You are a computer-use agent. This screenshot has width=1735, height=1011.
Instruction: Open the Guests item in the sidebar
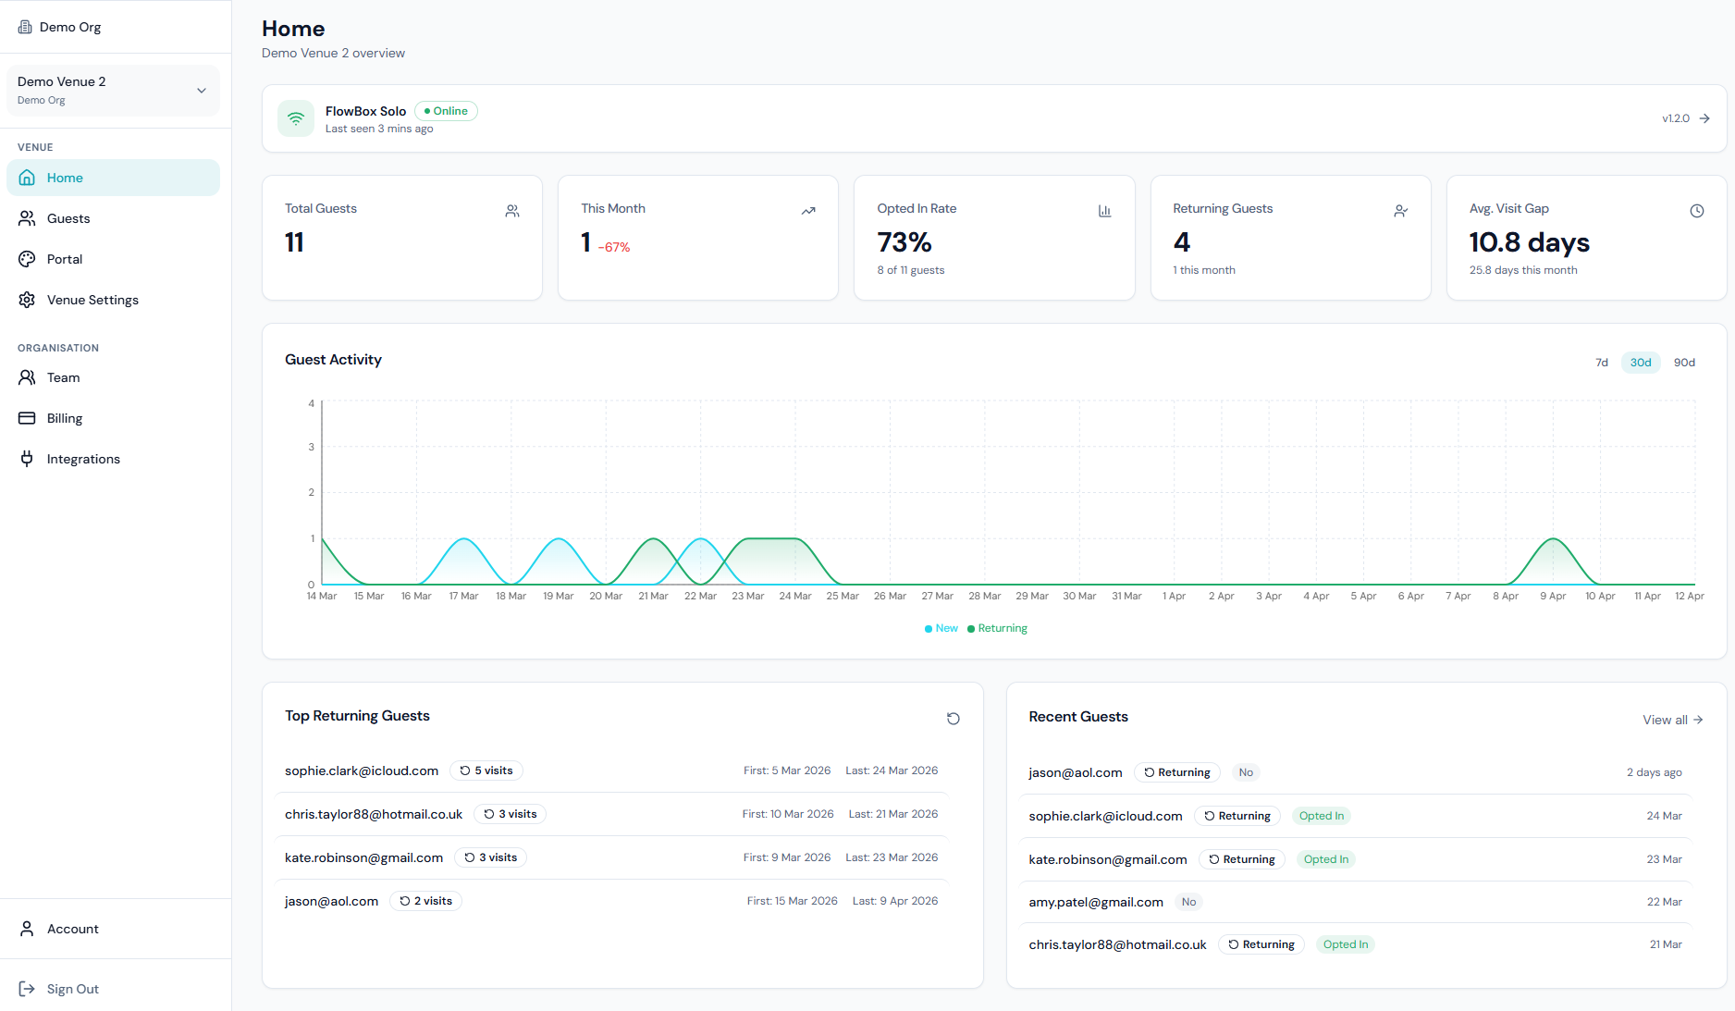[68, 218]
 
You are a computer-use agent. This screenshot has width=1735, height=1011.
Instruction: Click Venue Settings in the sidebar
[92, 300]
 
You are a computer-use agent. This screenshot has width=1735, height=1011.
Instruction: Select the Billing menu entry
[64, 418]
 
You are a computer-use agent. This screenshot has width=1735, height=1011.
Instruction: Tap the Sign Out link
[72, 989]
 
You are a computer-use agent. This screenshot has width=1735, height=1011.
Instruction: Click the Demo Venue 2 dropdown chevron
[202, 91]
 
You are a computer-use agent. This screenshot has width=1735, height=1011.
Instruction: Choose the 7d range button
[1602, 363]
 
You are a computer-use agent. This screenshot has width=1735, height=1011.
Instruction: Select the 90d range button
[1684, 363]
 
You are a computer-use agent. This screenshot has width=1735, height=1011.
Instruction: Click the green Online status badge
[446, 111]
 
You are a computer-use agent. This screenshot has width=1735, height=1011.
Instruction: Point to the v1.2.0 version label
[1675, 118]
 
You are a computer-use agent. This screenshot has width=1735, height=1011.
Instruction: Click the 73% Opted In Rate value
[904, 242]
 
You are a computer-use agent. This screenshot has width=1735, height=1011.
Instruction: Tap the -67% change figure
[614, 247]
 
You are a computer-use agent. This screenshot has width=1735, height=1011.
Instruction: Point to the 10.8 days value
[1530, 242]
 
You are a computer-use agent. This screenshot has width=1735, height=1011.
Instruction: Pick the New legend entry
[941, 628]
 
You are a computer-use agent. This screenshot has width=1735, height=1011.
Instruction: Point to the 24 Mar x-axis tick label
[795, 596]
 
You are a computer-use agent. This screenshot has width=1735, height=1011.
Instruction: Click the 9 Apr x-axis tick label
[1553, 596]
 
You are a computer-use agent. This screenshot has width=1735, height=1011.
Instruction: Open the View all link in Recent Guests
[1672, 720]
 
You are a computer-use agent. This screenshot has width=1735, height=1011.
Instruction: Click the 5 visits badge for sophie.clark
[486, 771]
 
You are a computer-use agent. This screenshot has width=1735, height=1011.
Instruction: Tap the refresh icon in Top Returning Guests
[954, 719]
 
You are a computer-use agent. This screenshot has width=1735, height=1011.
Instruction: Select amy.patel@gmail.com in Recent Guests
[1096, 902]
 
